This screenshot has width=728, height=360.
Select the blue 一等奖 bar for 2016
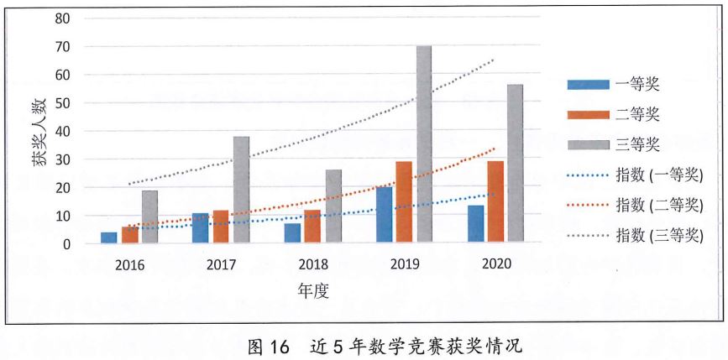tap(109, 237)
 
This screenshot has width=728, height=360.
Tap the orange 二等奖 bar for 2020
tap(495, 202)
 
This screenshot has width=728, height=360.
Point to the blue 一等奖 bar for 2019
tap(384, 215)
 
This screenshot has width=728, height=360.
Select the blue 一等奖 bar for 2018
tap(292, 233)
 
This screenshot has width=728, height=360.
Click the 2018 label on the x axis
tap(313, 264)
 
